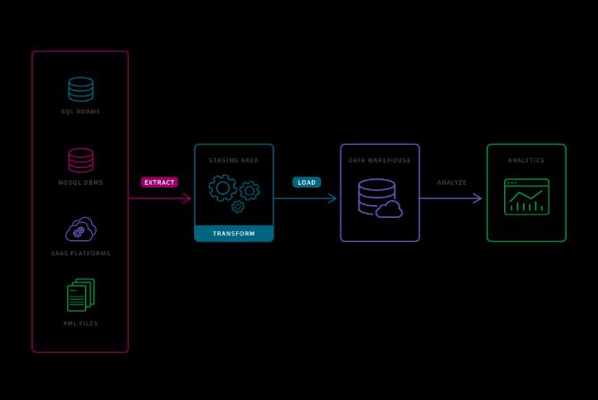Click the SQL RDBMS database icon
click(x=80, y=89)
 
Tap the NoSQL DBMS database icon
click(x=80, y=160)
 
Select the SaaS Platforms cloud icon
click(x=80, y=229)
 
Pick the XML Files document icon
click(x=80, y=296)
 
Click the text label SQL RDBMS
click(x=80, y=112)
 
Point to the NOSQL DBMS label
click(x=80, y=182)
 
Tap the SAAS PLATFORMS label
click(x=80, y=253)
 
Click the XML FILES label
click(x=80, y=323)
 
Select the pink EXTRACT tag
click(x=159, y=182)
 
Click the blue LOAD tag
click(x=306, y=182)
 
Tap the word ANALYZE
click(x=451, y=182)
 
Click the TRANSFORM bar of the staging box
click(x=233, y=234)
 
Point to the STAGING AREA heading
click(x=233, y=160)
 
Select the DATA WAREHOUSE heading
click(x=379, y=160)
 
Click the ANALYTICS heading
click(x=526, y=160)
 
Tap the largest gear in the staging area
click(x=223, y=187)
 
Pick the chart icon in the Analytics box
click(x=526, y=196)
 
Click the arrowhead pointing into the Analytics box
click(x=478, y=198)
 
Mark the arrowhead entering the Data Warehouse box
click(x=333, y=198)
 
